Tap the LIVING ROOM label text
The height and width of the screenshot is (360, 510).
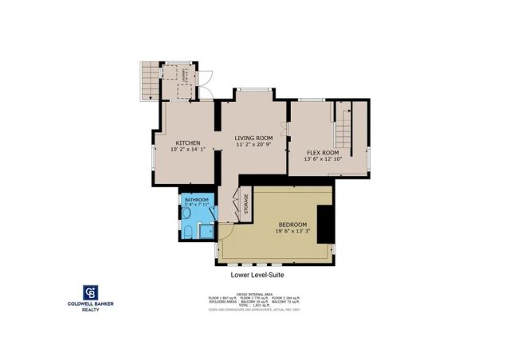[253, 138]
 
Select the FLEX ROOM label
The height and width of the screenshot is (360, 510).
[323, 152]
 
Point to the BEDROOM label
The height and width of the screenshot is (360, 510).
[292, 225]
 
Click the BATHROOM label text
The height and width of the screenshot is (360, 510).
[196, 199]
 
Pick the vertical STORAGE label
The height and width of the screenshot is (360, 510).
[246, 205]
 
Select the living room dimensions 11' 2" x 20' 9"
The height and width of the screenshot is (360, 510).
[253, 145]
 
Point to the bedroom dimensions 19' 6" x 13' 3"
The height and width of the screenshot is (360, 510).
[292, 232]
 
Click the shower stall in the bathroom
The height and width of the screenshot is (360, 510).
[206, 232]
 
